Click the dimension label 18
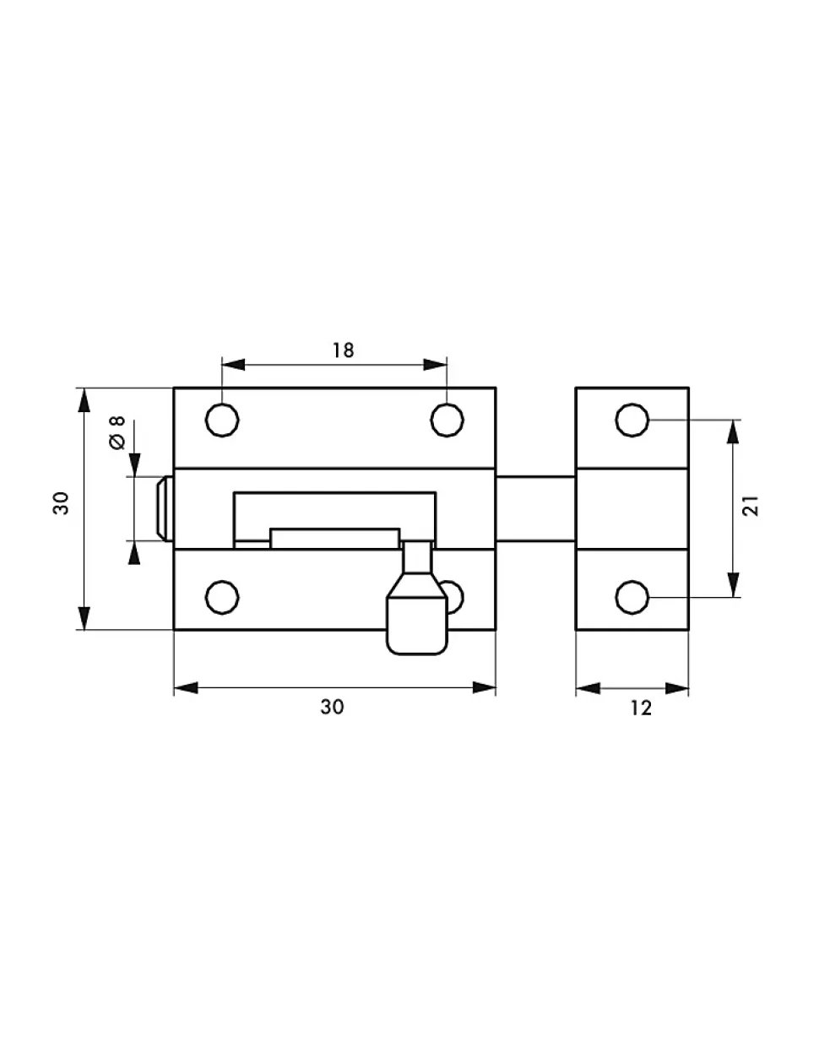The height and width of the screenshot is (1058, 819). point(343,350)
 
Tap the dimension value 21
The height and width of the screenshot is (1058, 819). point(751,506)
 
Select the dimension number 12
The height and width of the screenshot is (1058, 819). point(640,708)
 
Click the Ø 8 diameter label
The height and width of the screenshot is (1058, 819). point(117,432)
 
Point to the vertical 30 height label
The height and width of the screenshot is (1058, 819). point(62,503)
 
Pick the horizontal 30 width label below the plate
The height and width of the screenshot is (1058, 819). point(332,707)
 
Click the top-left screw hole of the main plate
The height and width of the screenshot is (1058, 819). point(222,420)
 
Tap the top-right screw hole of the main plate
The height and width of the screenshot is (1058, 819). point(447,420)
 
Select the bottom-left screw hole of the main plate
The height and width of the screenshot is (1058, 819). point(222,598)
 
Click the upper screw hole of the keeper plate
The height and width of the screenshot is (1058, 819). point(632,420)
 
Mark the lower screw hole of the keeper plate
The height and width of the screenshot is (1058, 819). point(632,598)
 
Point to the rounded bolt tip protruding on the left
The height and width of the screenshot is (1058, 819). point(164,508)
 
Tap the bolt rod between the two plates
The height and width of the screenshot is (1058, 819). point(535,508)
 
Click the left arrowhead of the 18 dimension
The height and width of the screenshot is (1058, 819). point(233,364)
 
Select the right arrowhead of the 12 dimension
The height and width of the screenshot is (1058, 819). point(677,688)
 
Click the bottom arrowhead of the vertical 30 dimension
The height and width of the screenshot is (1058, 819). point(84,618)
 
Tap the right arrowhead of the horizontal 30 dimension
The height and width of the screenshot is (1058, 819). point(484,687)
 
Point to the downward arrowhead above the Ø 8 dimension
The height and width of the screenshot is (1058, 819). point(134,464)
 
